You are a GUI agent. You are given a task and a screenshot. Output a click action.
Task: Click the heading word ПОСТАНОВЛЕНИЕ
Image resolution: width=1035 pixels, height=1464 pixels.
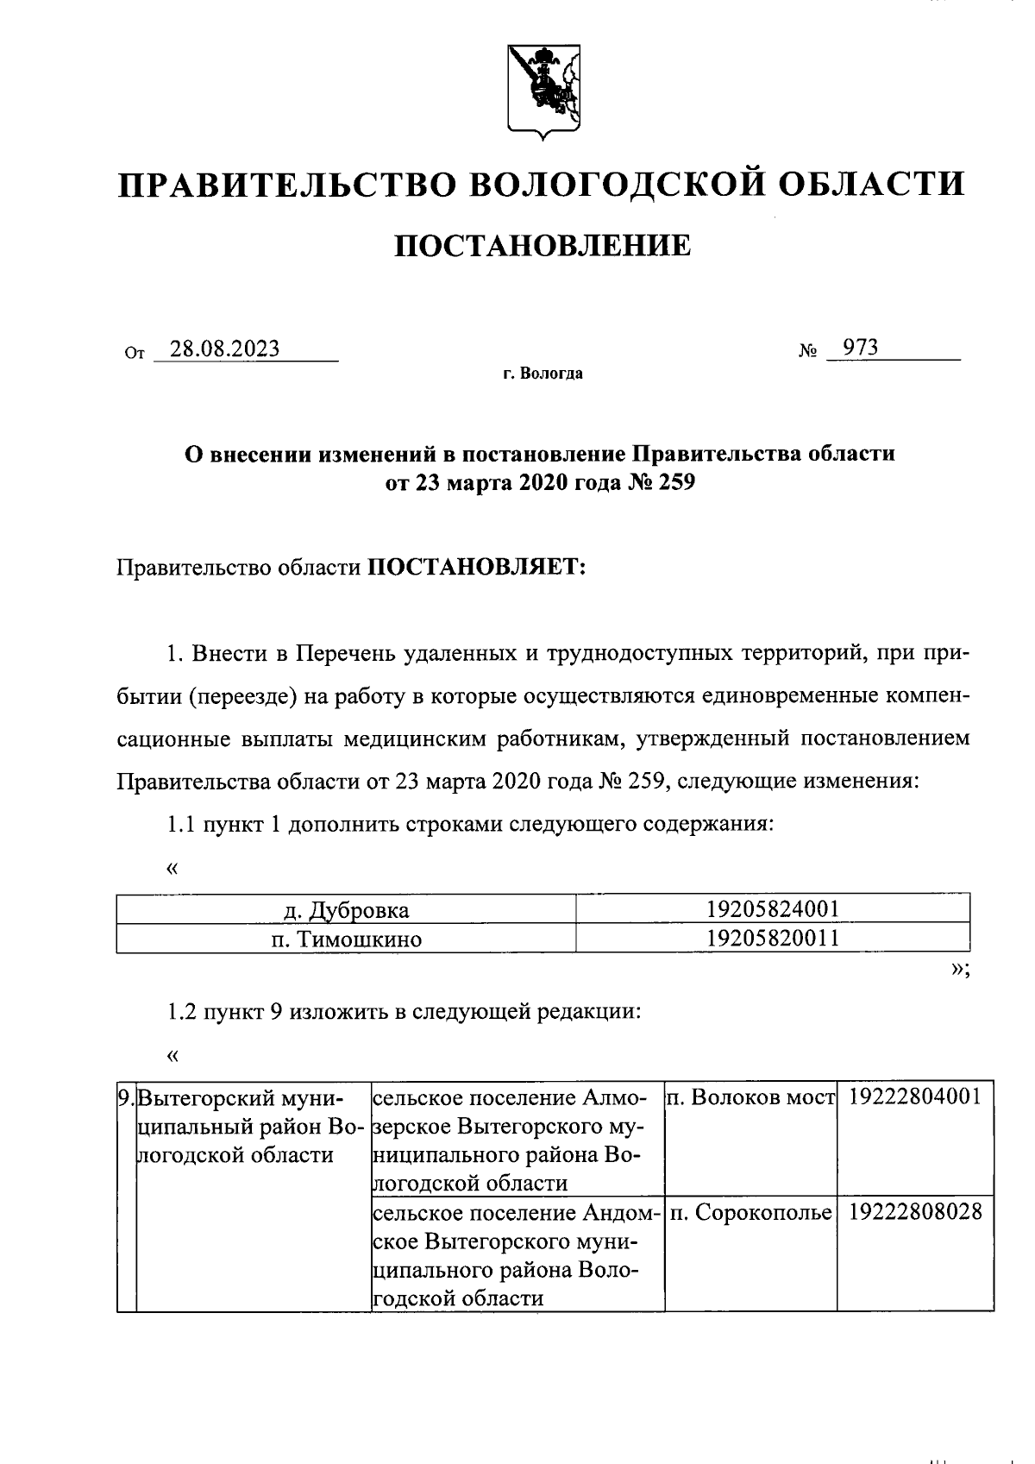coord(543,246)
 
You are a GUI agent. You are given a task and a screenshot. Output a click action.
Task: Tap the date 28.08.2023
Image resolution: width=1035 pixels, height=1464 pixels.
coord(224,349)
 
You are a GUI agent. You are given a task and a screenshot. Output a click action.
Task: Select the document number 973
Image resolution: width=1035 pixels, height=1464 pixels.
coord(860,348)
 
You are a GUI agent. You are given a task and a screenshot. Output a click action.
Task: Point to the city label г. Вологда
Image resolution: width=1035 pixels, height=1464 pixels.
coord(543,374)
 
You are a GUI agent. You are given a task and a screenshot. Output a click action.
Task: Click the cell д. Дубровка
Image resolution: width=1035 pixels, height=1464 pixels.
coord(347,910)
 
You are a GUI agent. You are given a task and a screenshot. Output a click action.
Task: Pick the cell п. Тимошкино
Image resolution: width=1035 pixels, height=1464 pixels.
coord(347,939)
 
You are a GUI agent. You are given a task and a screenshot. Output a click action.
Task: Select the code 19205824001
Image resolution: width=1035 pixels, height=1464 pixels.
coord(773,909)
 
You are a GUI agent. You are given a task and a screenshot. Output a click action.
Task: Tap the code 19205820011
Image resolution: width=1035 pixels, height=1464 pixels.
coord(773,939)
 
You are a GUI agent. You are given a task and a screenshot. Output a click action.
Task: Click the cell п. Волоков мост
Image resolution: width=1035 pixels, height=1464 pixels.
coord(752,1098)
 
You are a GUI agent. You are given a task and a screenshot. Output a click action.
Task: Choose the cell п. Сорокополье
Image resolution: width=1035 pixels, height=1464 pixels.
coord(751,1213)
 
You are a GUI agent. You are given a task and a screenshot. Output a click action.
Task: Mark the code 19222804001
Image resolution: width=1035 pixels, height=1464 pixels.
coord(915,1097)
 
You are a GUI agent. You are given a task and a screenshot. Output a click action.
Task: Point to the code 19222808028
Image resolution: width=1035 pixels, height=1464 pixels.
coord(915,1212)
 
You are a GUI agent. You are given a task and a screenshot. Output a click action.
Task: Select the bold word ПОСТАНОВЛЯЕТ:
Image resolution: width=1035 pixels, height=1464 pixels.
coord(476,568)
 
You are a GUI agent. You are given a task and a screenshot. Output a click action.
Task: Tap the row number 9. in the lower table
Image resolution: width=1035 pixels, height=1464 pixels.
coord(127,1099)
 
